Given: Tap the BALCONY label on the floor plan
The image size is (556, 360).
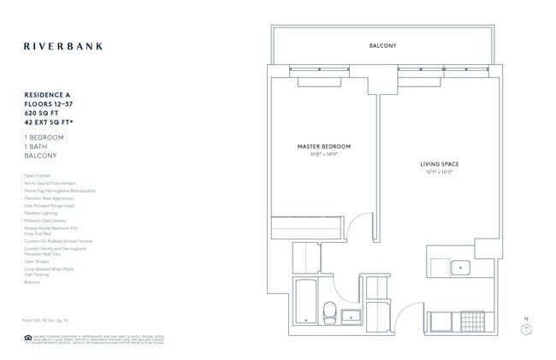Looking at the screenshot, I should (382, 45).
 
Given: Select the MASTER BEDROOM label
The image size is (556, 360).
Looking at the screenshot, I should (323, 147).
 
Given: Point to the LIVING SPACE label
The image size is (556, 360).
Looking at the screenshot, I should (436, 163).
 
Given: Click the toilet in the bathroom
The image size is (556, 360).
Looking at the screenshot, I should (328, 310).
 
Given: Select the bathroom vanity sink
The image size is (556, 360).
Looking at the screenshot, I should (350, 317).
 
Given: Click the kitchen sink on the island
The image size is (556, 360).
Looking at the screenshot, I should (460, 268).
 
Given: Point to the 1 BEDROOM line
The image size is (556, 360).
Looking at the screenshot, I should (45, 137).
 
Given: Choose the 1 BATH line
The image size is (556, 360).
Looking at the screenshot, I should (39, 146).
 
